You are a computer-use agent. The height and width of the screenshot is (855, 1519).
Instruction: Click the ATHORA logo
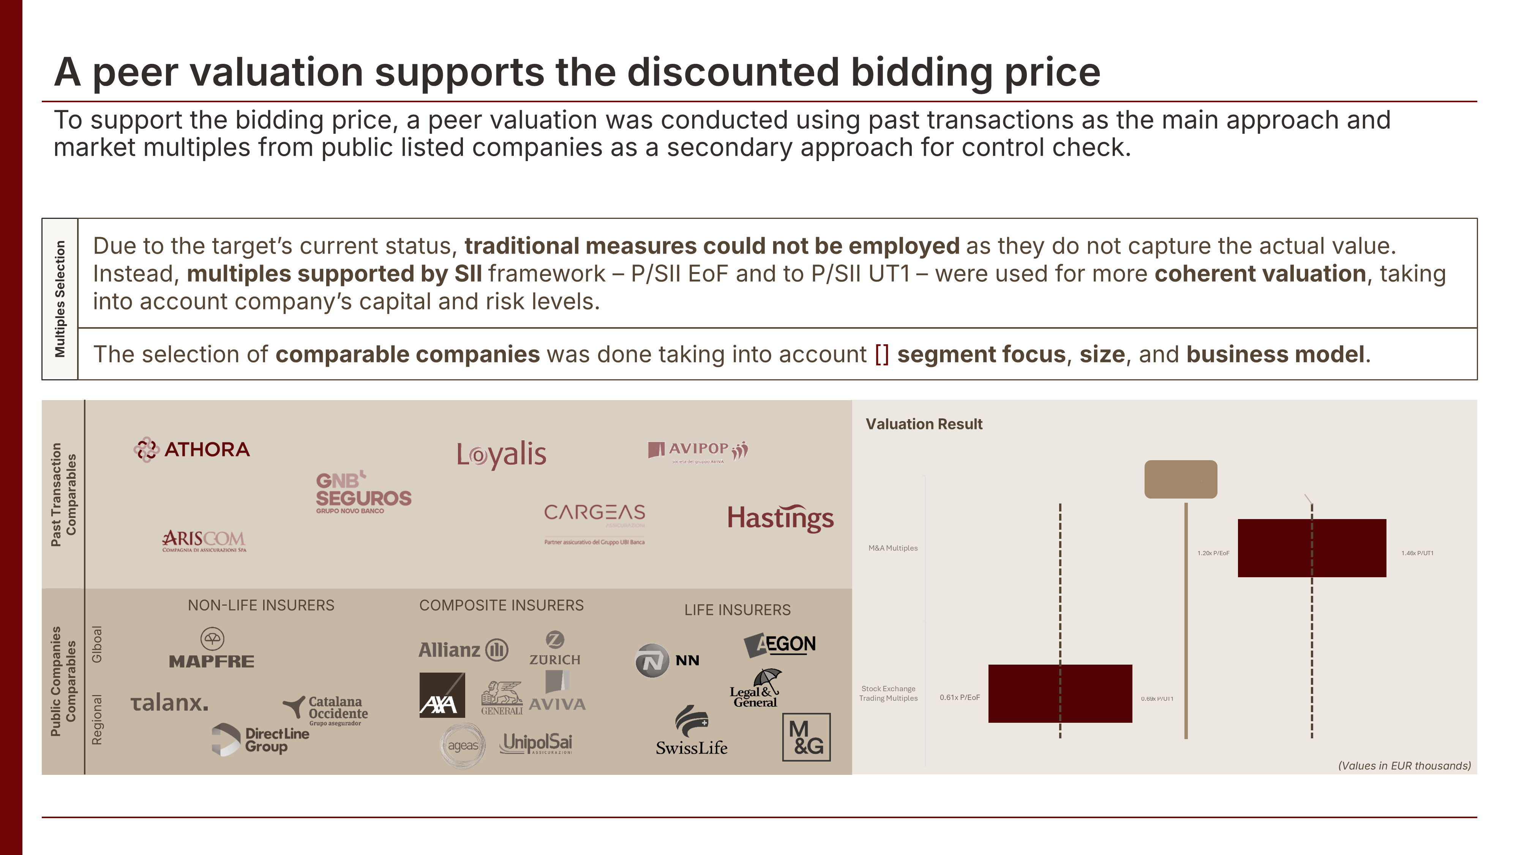click(x=192, y=450)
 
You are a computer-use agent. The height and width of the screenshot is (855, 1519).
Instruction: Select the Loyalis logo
click(x=501, y=454)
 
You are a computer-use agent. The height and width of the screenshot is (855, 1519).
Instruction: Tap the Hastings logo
click(x=780, y=518)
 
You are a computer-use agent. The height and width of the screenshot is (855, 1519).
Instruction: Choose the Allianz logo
click(x=463, y=650)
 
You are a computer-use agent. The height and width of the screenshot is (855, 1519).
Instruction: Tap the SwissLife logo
click(x=692, y=731)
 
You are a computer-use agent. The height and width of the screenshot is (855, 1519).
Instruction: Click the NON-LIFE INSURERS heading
click(x=261, y=605)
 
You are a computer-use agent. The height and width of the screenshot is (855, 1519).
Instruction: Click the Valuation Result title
click(x=924, y=424)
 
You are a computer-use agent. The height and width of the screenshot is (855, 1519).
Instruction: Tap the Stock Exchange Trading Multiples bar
click(x=1060, y=694)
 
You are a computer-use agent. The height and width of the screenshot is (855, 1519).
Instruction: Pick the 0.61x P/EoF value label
click(x=959, y=697)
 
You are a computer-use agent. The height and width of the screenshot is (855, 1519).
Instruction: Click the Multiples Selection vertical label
click(x=60, y=299)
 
